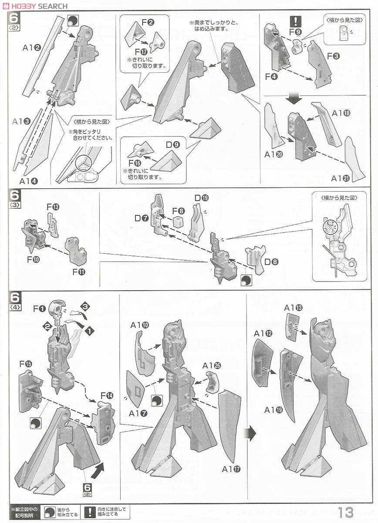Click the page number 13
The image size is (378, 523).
[x=345, y=512]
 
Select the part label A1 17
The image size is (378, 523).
[x=231, y=469]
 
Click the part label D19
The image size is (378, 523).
[x=202, y=198]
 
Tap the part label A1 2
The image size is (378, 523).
[x=32, y=48]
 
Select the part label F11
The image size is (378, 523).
[x=78, y=272]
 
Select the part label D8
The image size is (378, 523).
[x=272, y=262]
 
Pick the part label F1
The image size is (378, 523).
[x=40, y=309]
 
